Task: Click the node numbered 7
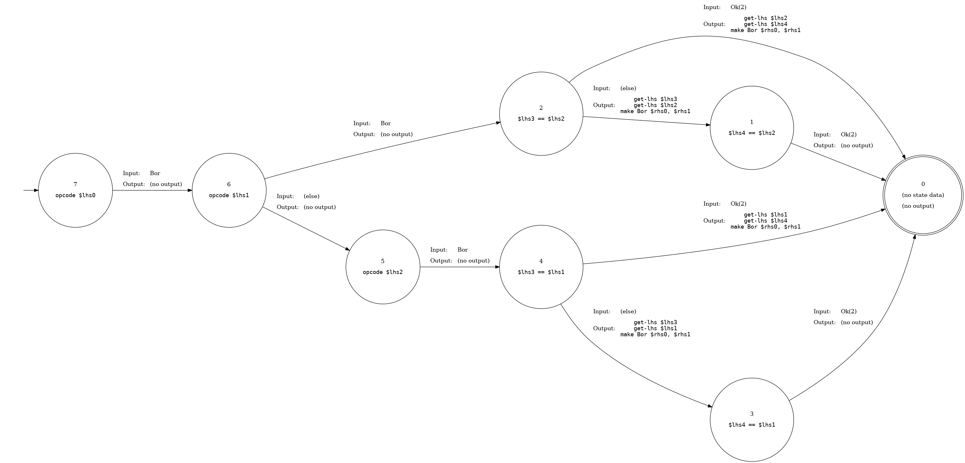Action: point(75,190)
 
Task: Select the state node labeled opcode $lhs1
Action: point(229,190)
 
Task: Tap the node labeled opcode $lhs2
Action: point(382,267)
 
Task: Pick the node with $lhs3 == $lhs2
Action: point(541,114)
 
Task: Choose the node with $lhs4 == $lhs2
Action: point(752,128)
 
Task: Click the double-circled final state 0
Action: point(923,195)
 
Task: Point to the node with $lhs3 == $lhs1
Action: point(541,267)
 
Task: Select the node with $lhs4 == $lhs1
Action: point(752,419)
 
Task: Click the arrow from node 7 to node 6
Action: point(152,190)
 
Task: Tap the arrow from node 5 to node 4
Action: point(460,267)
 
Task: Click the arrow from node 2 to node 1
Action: point(646,121)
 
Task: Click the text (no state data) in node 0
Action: point(923,195)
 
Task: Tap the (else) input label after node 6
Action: point(311,196)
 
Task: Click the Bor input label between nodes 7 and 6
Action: point(155,173)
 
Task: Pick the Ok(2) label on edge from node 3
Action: point(848,311)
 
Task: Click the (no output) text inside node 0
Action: point(918,206)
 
